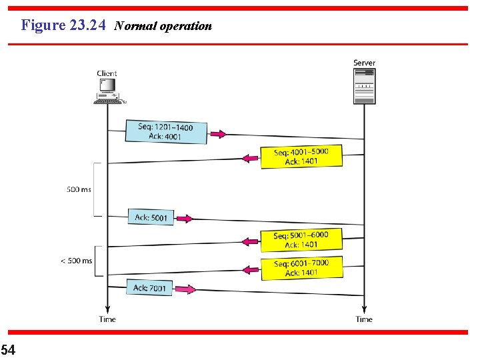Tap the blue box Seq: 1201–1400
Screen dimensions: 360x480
point(166,131)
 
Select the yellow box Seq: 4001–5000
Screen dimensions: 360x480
point(301,157)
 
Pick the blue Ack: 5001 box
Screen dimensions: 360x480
point(151,217)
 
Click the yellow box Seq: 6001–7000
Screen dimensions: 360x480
point(301,267)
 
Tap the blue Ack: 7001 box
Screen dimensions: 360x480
point(149,288)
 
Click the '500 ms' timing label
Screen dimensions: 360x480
point(79,190)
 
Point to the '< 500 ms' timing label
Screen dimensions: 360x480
point(77,261)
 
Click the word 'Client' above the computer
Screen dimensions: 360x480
point(107,73)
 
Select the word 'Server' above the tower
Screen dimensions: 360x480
point(364,63)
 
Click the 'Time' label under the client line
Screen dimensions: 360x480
point(107,319)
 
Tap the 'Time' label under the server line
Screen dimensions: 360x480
point(364,319)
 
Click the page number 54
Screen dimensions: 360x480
point(8,349)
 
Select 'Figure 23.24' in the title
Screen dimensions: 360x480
point(63,25)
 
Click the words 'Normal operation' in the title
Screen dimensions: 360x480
point(163,26)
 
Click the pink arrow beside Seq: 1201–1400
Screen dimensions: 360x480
point(218,134)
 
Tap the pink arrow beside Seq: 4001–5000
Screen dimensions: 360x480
point(250,159)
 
